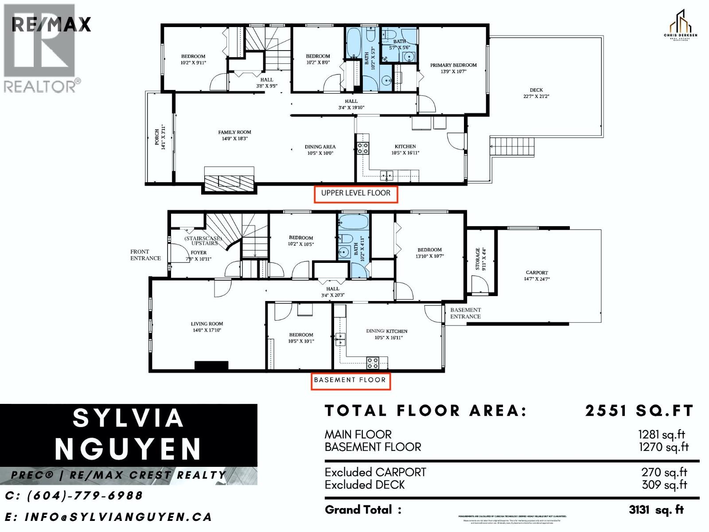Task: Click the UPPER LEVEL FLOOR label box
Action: [355, 194]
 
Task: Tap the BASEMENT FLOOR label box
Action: [350, 380]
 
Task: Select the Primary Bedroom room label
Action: [453, 68]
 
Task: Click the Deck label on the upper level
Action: [536, 93]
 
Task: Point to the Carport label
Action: [537, 276]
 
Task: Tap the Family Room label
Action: [234, 135]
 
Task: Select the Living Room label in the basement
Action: [207, 327]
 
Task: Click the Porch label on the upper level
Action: [160, 137]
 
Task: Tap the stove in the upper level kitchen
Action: [362, 148]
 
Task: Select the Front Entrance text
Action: [145, 254]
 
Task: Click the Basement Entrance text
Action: [465, 313]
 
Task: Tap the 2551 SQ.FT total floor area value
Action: [639, 411]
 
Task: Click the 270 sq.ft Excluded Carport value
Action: [664, 473]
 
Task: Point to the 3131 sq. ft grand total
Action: [656, 510]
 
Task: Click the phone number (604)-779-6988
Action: [74, 496]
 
